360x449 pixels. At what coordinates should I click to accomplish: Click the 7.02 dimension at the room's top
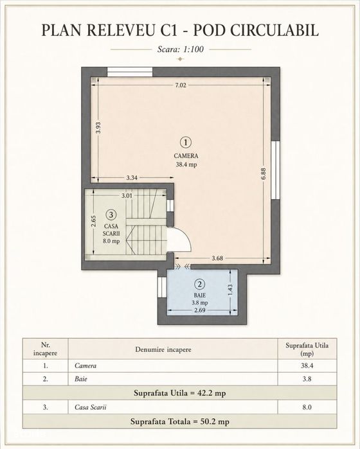point(181,85)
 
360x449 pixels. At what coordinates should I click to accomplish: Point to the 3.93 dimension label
point(98,128)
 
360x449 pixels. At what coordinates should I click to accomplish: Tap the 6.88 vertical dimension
point(264,173)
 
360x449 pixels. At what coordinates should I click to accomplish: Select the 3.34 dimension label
point(132,178)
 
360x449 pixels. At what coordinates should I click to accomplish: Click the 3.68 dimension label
point(217,258)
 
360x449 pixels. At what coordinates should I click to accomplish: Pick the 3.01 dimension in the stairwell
point(127,196)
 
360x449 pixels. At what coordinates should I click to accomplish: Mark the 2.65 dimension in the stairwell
point(94,222)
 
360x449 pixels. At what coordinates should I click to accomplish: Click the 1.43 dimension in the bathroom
point(230,290)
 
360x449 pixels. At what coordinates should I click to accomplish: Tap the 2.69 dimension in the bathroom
point(199,310)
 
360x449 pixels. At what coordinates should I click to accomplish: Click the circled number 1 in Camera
point(186,143)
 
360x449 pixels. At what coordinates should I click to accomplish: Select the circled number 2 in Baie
point(199,285)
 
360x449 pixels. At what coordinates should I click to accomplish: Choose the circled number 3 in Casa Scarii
point(111,214)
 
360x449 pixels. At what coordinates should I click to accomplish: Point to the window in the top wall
point(130,72)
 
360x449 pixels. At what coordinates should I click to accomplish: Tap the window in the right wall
point(275,170)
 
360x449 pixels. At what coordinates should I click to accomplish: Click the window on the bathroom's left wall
point(162,288)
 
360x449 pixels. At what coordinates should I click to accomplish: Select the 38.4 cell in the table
point(307,365)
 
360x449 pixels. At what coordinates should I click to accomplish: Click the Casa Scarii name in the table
point(90,407)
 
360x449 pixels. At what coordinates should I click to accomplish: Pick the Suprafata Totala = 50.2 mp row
point(180,421)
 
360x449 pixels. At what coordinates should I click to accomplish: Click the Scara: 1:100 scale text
point(181,49)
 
